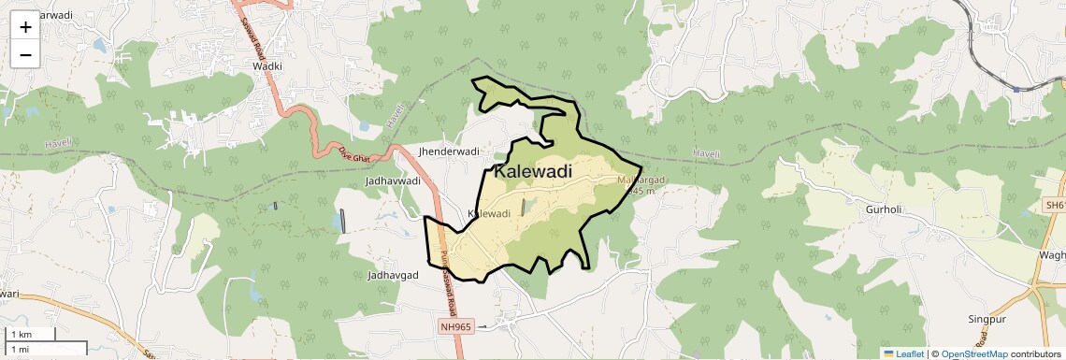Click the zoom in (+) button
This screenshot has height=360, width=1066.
(25, 27)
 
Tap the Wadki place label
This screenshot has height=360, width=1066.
(266, 66)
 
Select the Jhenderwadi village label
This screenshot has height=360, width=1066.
(450, 151)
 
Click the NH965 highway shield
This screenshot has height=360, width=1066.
(457, 326)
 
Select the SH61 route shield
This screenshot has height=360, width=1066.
(1055, 204)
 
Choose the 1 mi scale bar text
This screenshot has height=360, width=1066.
(20, 349)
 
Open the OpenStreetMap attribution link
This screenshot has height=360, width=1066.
(973, 353)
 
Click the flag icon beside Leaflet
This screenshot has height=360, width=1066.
(888, 353)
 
